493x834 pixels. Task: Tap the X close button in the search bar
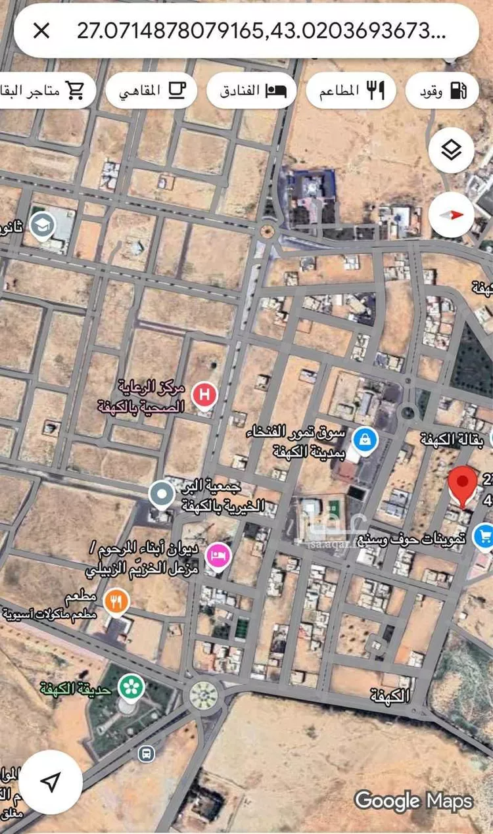point(41,30)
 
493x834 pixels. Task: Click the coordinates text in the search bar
point(262,30)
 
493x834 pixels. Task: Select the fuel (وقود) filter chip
point(442,91)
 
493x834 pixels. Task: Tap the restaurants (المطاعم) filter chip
point(350,91)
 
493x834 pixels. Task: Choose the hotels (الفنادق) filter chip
point(252,91)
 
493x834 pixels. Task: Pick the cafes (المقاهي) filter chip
point(151,91)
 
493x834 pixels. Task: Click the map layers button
point(452,151)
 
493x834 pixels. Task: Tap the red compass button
point(452,215)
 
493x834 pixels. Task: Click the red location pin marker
point(463,485)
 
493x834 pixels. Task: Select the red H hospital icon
point(205,395)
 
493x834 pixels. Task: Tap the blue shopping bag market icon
point(364,438)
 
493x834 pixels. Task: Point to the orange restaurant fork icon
point(116,601)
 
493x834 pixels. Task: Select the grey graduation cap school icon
point(43,226)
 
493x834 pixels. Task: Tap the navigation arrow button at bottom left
point(51,781)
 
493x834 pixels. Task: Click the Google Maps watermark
point(413,800)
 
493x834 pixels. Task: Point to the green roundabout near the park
point(204,695)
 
